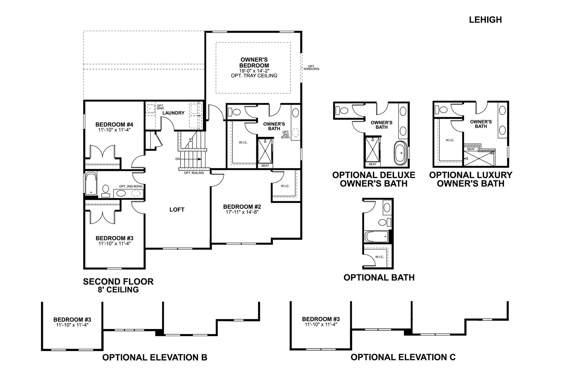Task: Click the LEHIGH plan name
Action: click(x=485, y=20)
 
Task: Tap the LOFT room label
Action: click(x=177, y=210)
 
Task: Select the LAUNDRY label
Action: click(x=173, y=113)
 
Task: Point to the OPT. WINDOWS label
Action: click(x=311, y=68)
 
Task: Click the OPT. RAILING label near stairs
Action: click(x=194, y=173)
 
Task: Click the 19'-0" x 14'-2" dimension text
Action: click(x=254, y=71)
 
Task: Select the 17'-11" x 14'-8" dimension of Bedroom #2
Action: click(x=242, y=212)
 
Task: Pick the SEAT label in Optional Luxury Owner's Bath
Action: click(x=471, y=149)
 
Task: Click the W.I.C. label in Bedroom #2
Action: click(x=285, y=186)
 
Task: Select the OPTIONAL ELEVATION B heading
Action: click(x=155, y=357)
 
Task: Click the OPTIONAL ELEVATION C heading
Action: click(x=403, y=357)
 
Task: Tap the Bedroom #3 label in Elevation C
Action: click(x=321, y=319)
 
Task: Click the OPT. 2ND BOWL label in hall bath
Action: click(x=131, y=186)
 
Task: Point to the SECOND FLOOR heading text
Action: click(x=118, y=281)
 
